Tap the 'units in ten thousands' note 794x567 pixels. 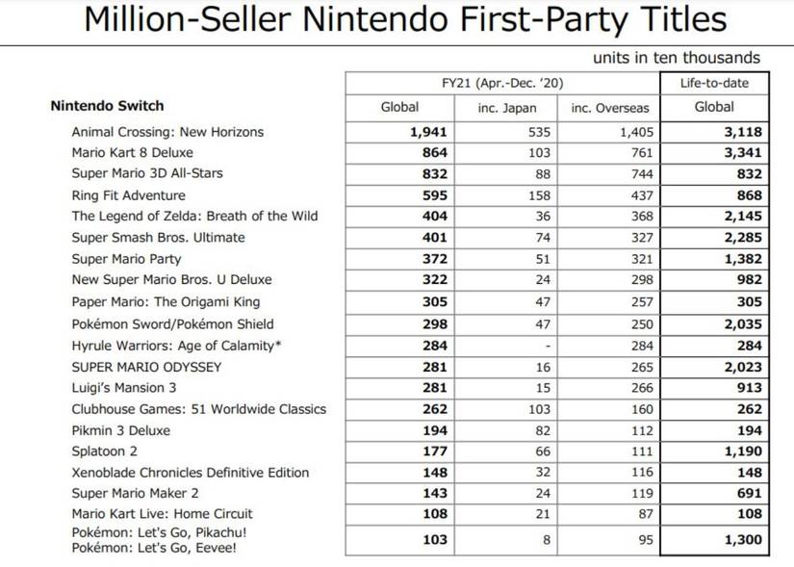[676, 58]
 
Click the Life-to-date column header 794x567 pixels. [713, 83]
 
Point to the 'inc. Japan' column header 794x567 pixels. [506, 108]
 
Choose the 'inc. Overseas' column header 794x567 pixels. [609, 108]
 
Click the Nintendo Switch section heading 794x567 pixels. [107, 106]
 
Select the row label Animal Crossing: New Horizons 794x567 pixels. [167, 132]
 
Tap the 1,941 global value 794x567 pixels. [429, 132]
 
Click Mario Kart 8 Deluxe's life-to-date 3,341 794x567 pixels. [742, 153]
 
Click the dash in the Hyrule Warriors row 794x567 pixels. [547, 346]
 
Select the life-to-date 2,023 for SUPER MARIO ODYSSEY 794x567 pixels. [742, 367]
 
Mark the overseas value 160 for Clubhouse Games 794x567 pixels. [641, 409]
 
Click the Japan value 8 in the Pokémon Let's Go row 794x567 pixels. [547, 540]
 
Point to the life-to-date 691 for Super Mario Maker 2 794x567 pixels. [749, 493]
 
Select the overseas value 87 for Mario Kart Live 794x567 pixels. [645, 514]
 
